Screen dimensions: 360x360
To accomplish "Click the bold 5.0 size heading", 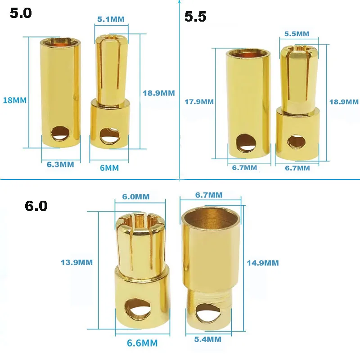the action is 21,13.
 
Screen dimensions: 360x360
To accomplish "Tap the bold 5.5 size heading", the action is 195,17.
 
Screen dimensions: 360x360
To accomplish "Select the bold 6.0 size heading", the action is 36,206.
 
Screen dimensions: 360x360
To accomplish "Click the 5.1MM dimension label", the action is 111,19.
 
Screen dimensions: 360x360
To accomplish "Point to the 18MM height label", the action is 15,100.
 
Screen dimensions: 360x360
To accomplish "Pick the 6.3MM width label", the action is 60,165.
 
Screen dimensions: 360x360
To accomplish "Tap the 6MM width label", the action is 109,168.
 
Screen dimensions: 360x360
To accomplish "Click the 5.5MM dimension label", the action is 297,34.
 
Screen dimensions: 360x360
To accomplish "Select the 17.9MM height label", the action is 199,102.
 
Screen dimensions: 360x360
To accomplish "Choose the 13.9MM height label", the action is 76,262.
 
